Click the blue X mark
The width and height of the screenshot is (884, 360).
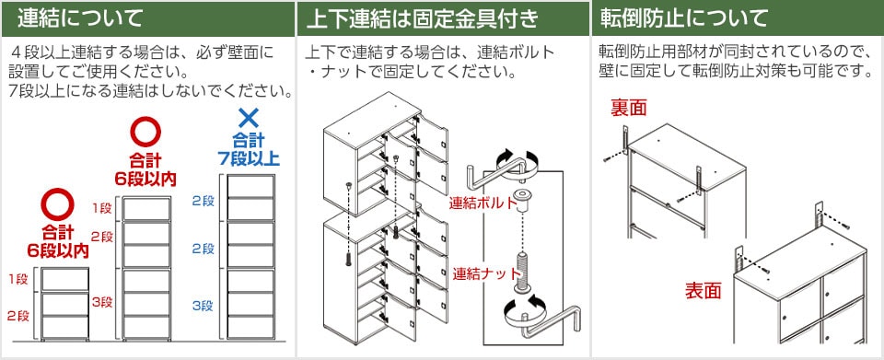(x=247, y=117)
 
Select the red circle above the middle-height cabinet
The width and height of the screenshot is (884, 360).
(x=145, y=129)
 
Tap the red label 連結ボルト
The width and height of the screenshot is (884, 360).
(x=478, y=203)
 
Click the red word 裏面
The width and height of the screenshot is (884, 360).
(x=629, y=109)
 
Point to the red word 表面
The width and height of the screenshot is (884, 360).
(x=702, y=291)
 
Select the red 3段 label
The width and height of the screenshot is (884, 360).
(x=101, y=302)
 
